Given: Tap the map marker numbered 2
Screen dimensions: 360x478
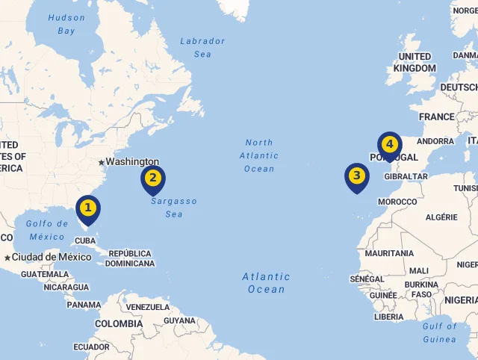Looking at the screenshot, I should (x=153, y=179).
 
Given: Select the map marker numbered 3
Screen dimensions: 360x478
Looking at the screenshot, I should (x=357, y=177).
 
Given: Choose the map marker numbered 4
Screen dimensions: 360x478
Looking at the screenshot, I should (x=390, y=144).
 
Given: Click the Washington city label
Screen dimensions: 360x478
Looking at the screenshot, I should (x=132, y=161).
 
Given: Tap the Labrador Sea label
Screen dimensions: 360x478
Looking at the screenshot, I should (x=202, y=48).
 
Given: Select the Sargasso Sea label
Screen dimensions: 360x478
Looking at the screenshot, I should (x=173, y=208).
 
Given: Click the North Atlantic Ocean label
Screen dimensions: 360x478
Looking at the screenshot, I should (x=259, y=155).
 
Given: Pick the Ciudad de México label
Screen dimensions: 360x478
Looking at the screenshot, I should (x=52, y=257).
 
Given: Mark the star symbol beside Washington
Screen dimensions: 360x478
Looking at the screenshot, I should (x=101, y=162).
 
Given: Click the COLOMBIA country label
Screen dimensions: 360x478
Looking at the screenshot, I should (x=118, y=324).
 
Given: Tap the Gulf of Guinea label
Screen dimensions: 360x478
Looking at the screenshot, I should (x=439, y=332).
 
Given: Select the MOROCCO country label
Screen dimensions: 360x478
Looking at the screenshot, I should (x=397, y=202).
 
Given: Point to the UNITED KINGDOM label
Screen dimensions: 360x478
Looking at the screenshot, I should (x=415, y=62).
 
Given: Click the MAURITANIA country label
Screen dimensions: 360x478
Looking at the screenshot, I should (x=389, y=253).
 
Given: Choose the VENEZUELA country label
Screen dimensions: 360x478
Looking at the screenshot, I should (x=148, y=307).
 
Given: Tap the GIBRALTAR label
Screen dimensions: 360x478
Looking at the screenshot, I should (x=406, y=177).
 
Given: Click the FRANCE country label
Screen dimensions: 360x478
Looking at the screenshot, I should (x=436, y=117).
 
